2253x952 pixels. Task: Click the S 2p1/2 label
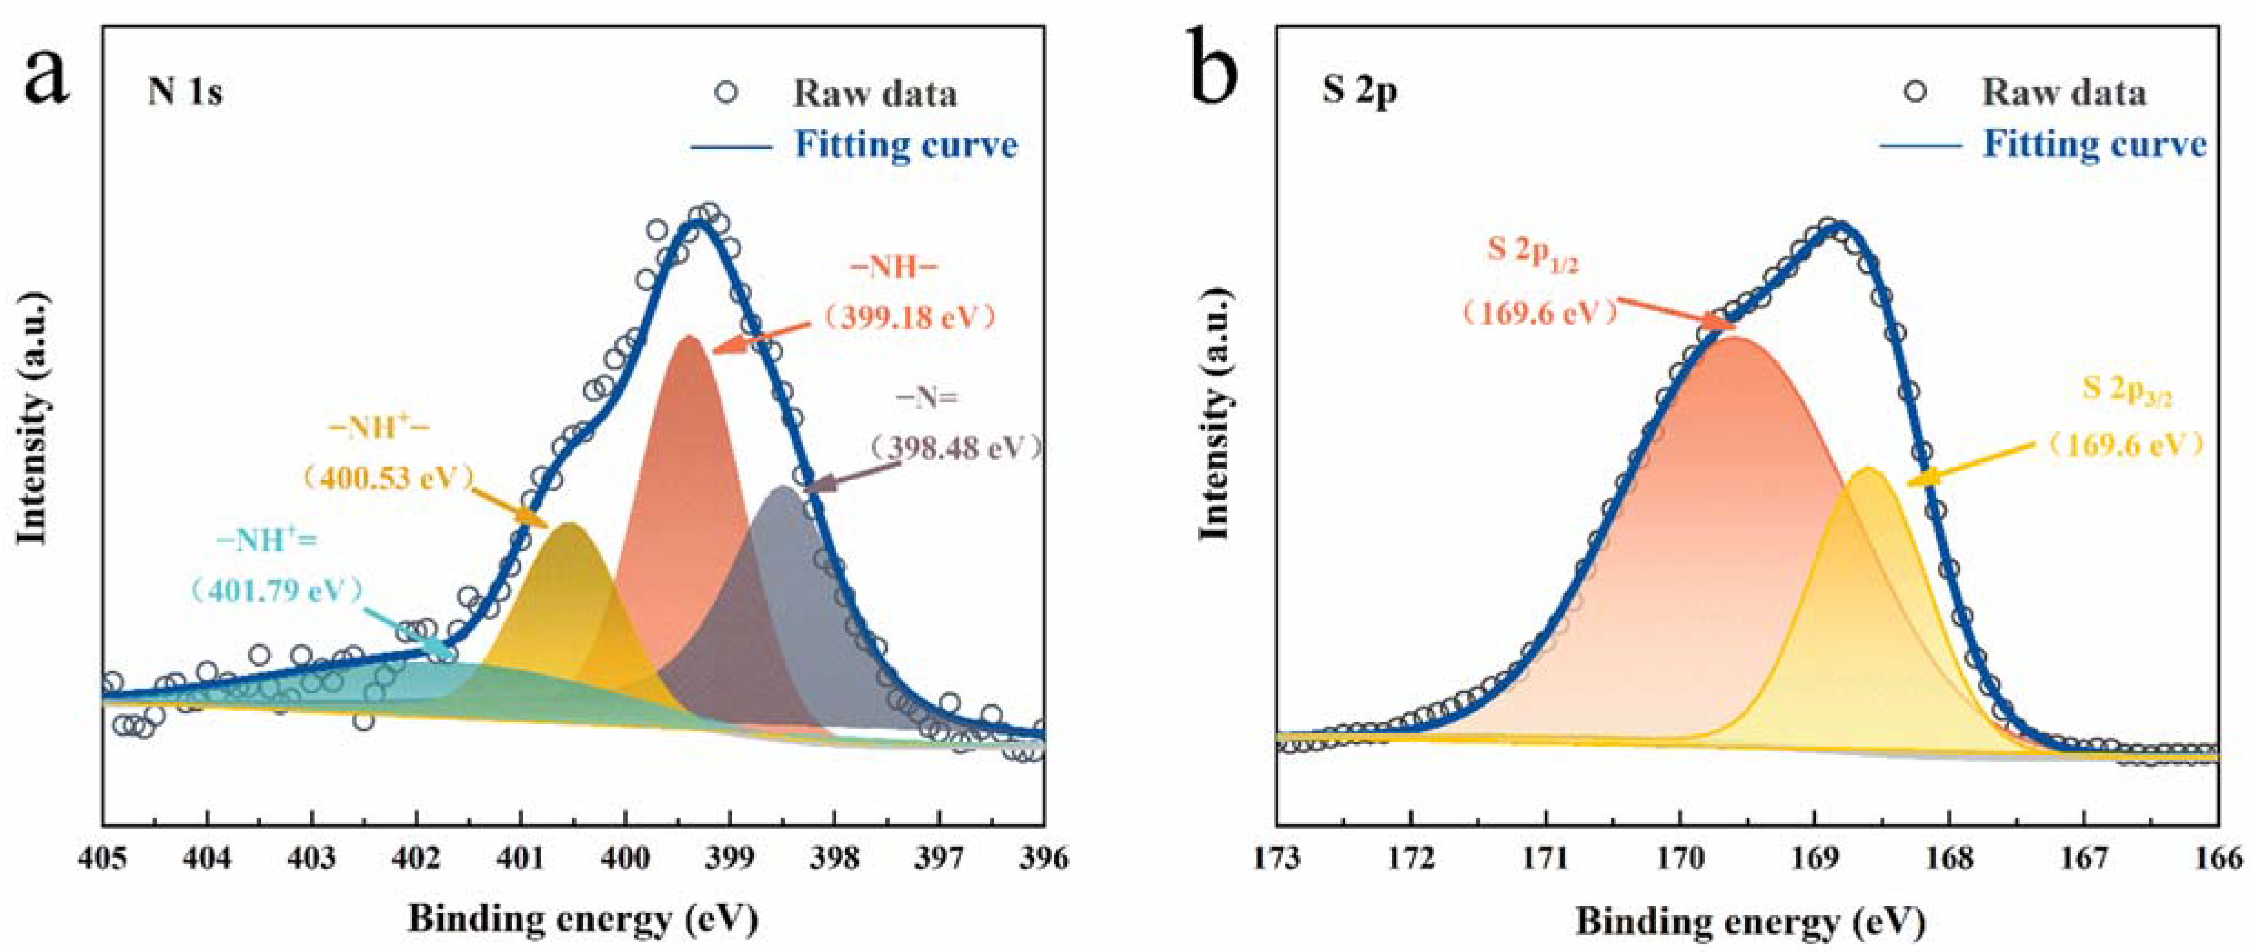pyautogui.click(x=1533, y=253)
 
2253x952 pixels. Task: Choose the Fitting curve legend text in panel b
pyautogui.click(x=2095, y=144)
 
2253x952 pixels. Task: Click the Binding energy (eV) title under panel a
pyautogui.click(x=582, y=919)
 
